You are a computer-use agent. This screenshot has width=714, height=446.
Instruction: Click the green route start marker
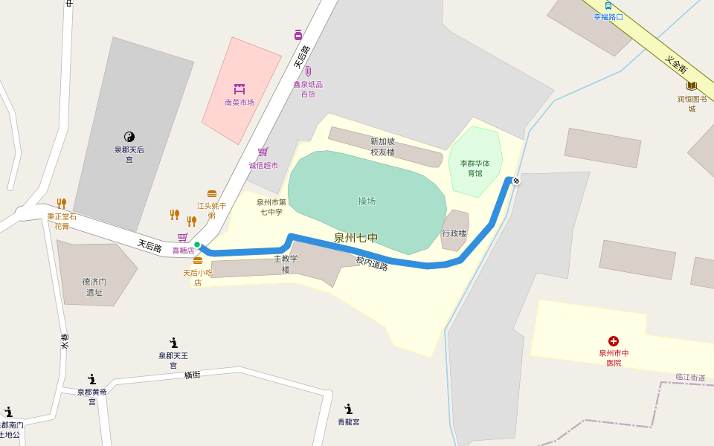[197, 245]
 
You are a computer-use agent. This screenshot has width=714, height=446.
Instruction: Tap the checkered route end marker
[516, 181]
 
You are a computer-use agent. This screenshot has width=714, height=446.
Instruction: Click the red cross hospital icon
[614, 341]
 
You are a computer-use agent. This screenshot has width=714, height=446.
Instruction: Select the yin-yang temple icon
[129, 136]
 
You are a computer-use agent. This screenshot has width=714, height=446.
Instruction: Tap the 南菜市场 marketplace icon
[239, 89]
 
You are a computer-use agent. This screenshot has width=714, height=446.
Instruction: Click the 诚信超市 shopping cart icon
[263, 152]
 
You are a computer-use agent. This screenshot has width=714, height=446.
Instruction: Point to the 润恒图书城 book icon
[692, 86]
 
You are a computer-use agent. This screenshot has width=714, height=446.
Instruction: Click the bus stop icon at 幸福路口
[608, 5]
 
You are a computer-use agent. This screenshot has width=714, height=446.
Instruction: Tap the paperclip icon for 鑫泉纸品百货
[307, 71]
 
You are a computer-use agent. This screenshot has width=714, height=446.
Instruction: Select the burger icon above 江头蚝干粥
[212, 194]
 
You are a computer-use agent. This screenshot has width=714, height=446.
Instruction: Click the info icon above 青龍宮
[348, 409]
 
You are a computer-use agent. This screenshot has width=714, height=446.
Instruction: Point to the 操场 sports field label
[367, 201]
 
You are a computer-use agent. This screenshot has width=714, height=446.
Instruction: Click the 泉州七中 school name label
[356, 238]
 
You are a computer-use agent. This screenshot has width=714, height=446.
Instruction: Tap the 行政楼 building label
[454, 233]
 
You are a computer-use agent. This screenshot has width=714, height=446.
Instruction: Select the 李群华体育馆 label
[475, 168]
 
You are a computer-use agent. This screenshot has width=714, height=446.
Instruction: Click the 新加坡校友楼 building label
[383, 146]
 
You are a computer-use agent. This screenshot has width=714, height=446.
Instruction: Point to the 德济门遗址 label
[94, 287]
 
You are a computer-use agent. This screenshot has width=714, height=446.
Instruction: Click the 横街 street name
[193, 375]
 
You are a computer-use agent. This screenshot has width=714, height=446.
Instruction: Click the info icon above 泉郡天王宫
[173, 343]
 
